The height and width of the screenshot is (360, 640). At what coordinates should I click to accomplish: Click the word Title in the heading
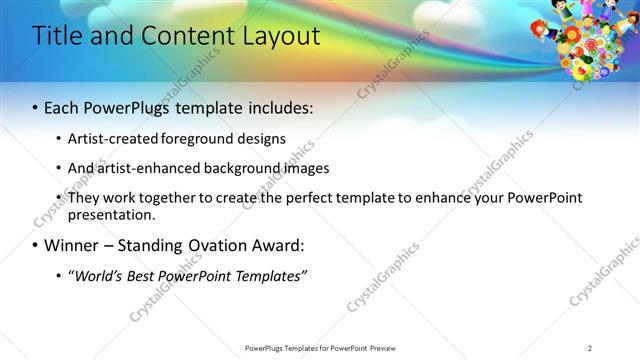[x=57, y=36]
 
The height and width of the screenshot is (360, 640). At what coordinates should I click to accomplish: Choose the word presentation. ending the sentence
[x=111, y=214]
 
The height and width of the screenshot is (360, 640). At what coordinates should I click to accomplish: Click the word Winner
[x=72, y=245]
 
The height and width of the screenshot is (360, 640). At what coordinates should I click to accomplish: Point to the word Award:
[x=277, y=245]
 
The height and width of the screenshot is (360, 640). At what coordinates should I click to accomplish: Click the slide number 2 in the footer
[x=590, y=348]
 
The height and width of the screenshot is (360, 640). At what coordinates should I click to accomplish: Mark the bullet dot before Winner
[x=36, y=245]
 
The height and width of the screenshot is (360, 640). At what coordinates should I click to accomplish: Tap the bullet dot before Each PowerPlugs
[x=36, y=106]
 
